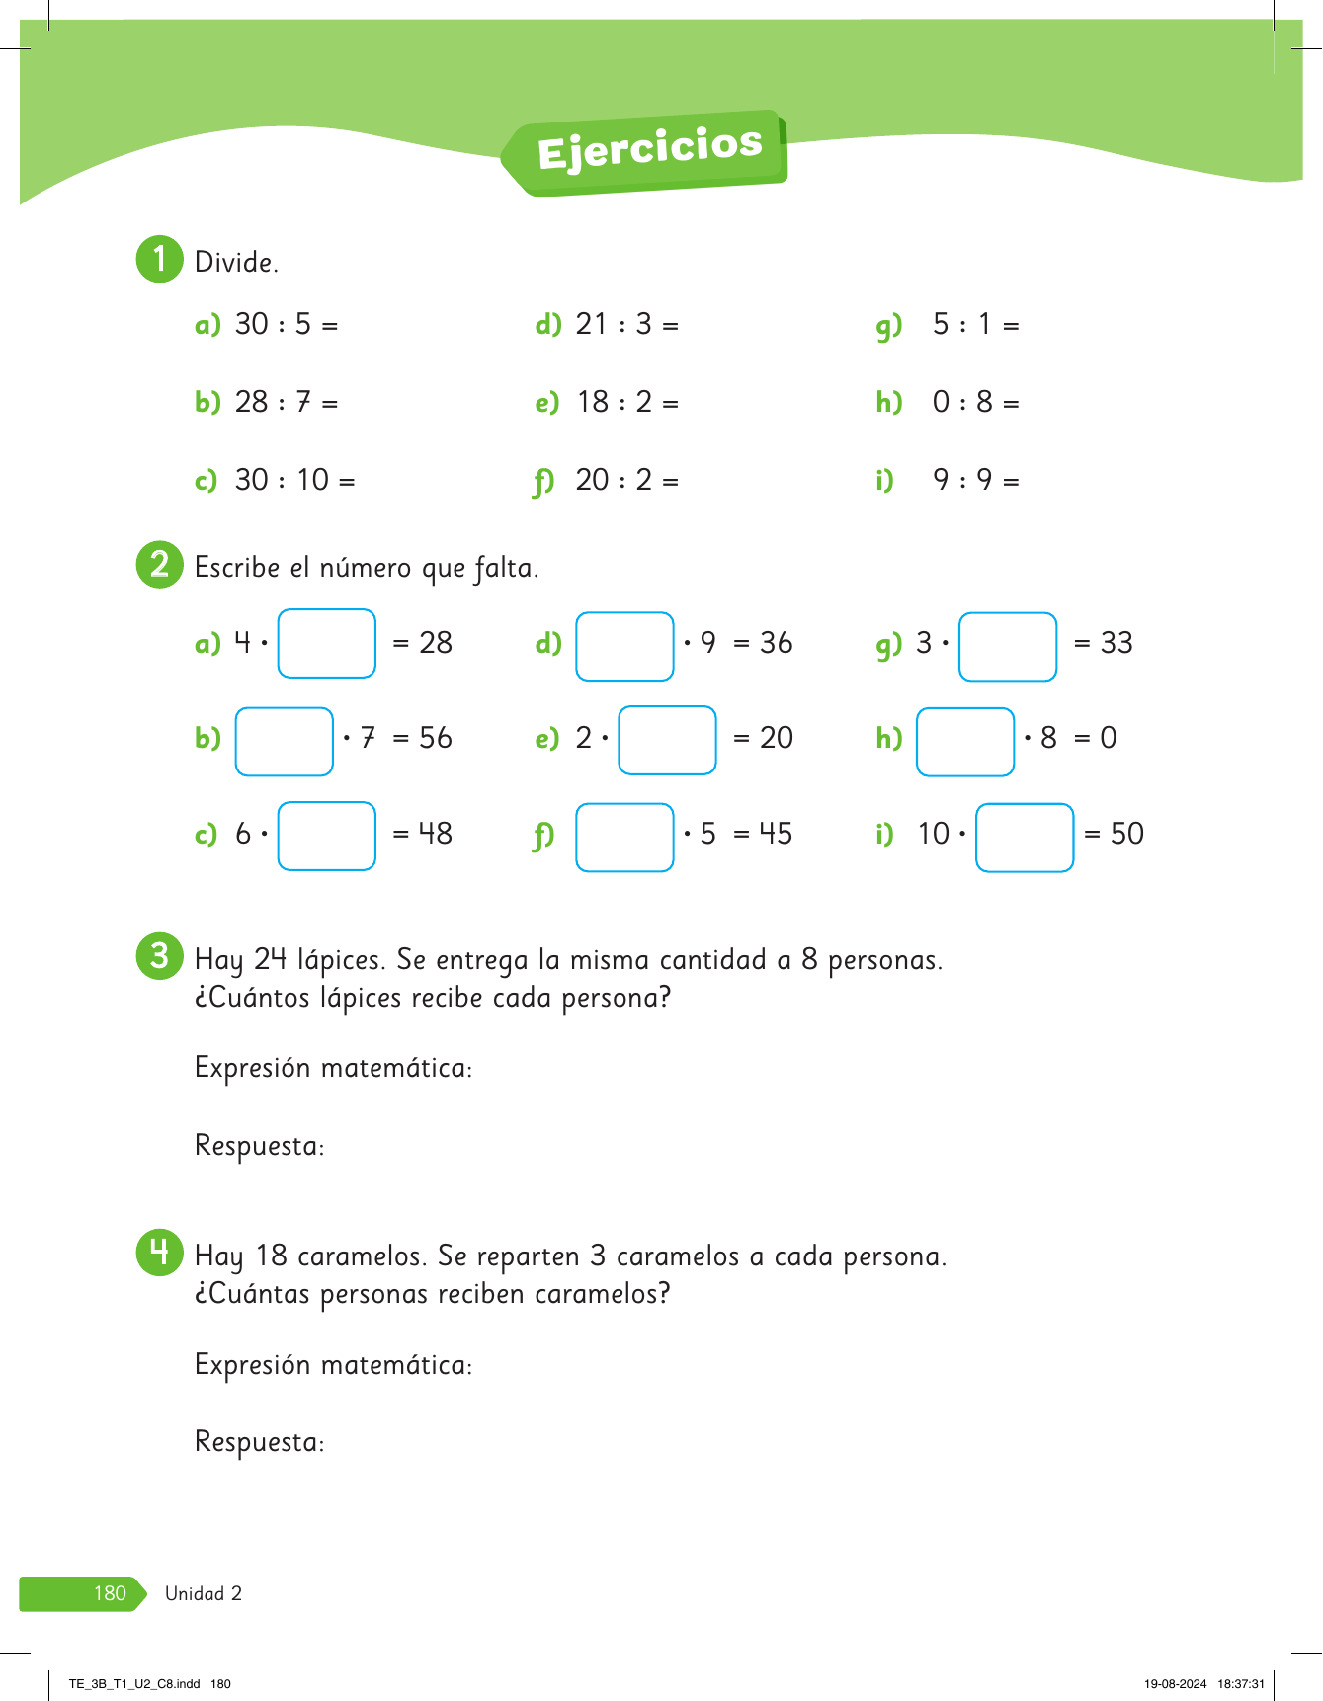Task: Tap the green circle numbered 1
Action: tap(159, 260)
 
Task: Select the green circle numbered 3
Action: tap(159, 956)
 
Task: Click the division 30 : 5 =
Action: tap(286, 324)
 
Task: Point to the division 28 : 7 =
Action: tap(286, 402)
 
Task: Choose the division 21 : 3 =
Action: tap(626, 324)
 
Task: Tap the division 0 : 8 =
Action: tap(975, 402)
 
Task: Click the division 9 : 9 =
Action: tap(975, 480)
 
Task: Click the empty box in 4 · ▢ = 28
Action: tap(327, 643)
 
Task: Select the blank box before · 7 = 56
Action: tap(285, 741)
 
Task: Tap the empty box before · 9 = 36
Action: tap(624, 646)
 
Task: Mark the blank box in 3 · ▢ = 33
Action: tap(1008, 646)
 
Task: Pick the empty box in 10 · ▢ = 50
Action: tap(1025, 838)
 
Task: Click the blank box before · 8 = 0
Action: tap(965, 741)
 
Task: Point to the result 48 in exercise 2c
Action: tap(435, 834)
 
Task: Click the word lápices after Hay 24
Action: tap(340, 960)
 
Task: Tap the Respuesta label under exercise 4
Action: tap(259, 1442)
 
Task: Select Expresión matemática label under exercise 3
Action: tap(333, 1068)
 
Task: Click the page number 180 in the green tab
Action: tap(110, 1593)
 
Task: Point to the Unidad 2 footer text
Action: tap(204, 1593)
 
